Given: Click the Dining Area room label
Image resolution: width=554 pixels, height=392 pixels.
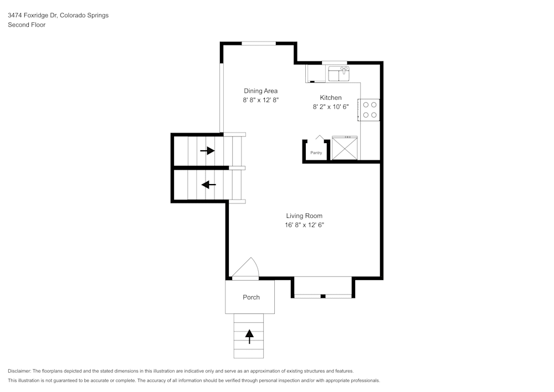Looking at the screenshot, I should (260, 91).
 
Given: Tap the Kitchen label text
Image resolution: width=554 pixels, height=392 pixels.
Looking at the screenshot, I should (331, 98).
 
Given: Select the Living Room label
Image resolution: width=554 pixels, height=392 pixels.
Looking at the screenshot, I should (304, 216).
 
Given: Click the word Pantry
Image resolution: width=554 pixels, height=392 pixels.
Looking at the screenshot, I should (316, 153).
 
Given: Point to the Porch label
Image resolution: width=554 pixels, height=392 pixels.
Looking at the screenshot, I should (251, 297).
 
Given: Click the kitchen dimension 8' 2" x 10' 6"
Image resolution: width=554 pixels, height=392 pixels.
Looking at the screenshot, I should (331, 107).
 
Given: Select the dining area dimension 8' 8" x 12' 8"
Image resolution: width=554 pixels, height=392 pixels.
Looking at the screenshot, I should (260, 100).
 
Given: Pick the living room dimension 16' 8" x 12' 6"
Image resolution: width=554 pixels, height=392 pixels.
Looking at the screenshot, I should (304, 225).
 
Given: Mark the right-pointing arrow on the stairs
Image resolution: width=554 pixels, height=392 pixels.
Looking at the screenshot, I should (207, 150).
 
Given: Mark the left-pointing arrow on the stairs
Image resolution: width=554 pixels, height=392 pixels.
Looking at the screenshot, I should (208, 185).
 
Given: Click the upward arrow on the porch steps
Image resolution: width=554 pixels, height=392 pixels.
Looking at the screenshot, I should (249, 335).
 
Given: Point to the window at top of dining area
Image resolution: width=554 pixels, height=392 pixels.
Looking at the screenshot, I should (259, 43).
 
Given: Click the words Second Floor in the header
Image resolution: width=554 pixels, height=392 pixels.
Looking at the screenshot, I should (27, 25).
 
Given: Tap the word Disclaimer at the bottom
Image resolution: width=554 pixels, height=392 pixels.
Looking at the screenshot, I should (19, 371).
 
